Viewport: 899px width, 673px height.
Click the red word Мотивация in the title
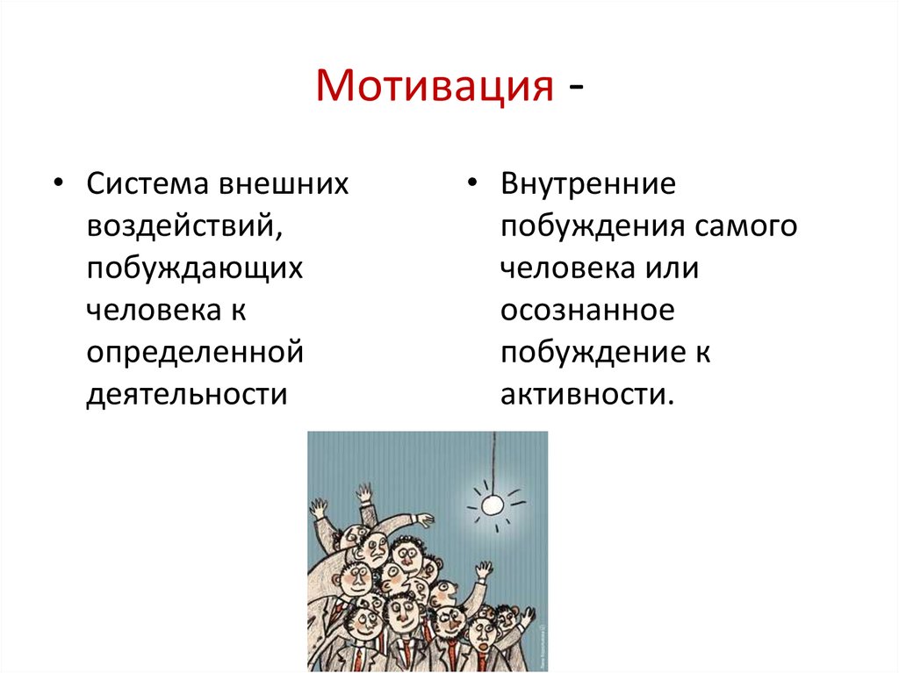pos(435,85)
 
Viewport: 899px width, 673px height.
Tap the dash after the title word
pos(576,89)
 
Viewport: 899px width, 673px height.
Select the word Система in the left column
pos(147,184)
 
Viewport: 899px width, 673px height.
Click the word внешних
pos(284,184)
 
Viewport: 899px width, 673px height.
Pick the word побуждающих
pos(194,268)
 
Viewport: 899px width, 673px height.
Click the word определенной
pos(195,352)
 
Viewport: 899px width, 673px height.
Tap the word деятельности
pos(187,395)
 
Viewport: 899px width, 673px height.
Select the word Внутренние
pos(588,184)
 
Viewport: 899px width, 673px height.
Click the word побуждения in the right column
pos(593,226)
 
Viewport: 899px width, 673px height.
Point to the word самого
pos(746,226)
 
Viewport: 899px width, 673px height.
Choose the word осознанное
pos(587,310)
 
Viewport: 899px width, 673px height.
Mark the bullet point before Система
pos(58,183)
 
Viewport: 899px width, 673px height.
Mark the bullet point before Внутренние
pos(471,183)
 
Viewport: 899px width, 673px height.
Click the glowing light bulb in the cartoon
pos(492,505)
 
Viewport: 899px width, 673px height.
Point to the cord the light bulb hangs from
pos(493,463)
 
